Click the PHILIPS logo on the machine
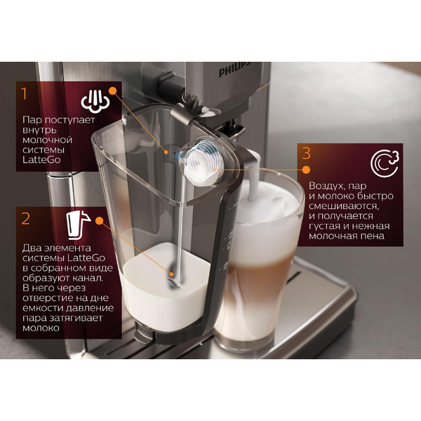click(234, 69)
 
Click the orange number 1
click(25, 94)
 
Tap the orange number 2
click(26, 219)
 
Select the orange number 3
click(307, 153)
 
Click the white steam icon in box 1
click(95, 100)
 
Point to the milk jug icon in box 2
click(78, 225)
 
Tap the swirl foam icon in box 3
click(385, 163)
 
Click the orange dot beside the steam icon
click(113, 91)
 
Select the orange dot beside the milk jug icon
click(100, 221)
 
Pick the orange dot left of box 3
click(306, 170)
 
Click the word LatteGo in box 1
click(41, 160)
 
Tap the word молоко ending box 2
click(41, 328)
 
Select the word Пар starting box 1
click(32, 120)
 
